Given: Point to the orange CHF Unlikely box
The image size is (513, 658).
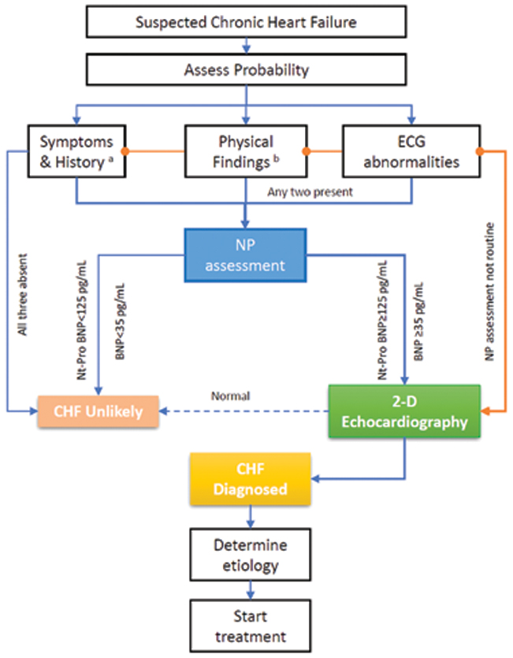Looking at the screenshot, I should pos(98,411).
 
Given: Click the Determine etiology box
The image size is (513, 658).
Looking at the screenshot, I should pos(251,556).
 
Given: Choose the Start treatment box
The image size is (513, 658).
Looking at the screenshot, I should pos(251,625).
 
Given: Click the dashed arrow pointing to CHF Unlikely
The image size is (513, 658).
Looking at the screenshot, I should pos(244,411).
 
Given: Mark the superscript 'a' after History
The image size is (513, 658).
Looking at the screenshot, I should pos(116,157).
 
